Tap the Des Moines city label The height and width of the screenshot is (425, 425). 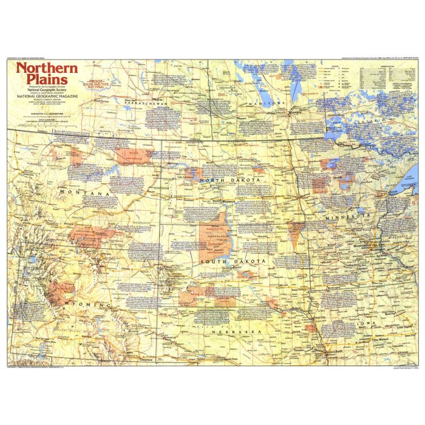coord(372,340)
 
